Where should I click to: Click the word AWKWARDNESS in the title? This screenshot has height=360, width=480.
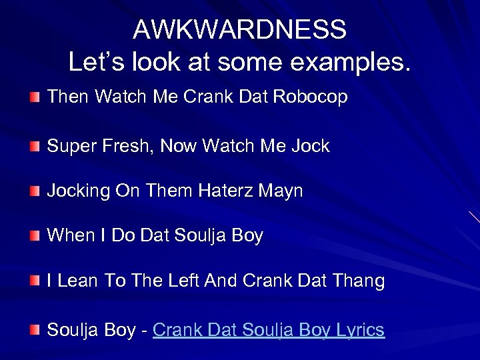(x=240, y=30)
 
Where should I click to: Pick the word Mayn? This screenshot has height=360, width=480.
(x=284, y=191)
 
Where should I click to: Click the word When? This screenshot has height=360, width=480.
(x=71, y=236)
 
